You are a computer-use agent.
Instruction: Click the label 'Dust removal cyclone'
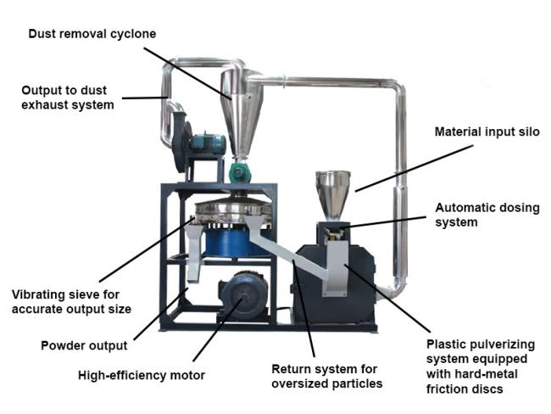click(x=92, y=34)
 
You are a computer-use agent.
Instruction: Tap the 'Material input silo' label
click(x=487, y=131)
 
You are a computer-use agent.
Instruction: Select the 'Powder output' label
click(x=84, y=346)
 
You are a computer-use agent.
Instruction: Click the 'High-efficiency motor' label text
click(x=142, y=375)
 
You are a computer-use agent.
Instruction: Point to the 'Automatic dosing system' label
click(x=487, y=215)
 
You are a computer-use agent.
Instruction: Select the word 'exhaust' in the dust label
click(x=45, y=105)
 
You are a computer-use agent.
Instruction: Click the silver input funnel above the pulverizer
click(x=332, y=194)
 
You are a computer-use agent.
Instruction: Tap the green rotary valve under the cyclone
click(x=239, y=172)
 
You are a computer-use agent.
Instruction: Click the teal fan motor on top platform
click(x=208, y=144)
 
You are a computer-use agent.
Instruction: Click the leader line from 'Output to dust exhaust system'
click(x=144, y=98)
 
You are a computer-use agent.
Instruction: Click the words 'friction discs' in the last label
click(x=465, y=389)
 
